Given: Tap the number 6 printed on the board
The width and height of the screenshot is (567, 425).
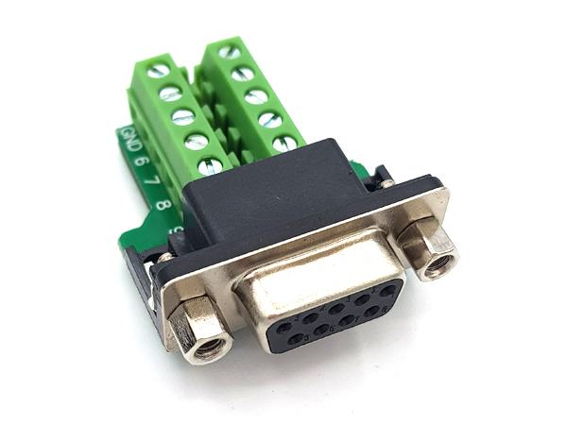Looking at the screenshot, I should point(139,161).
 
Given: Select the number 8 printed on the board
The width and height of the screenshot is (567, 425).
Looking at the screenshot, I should point(163,202).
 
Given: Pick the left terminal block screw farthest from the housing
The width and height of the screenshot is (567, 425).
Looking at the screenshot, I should point(159,70).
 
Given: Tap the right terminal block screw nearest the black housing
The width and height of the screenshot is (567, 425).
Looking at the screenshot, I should point(284,143).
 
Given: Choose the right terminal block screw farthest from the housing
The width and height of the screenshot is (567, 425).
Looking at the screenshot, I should point(230,52).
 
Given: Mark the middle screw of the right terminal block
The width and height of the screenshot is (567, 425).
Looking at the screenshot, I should point(256,96).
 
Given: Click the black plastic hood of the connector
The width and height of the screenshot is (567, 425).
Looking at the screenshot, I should point(274,194).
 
